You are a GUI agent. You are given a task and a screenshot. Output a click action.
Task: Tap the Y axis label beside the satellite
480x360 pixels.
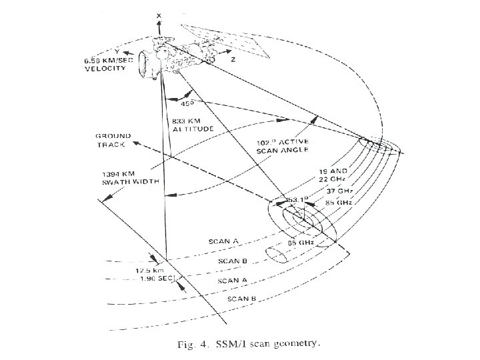118,51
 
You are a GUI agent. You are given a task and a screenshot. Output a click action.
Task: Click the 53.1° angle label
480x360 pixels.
295,199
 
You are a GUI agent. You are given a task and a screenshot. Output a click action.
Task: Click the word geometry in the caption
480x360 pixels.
299,345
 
